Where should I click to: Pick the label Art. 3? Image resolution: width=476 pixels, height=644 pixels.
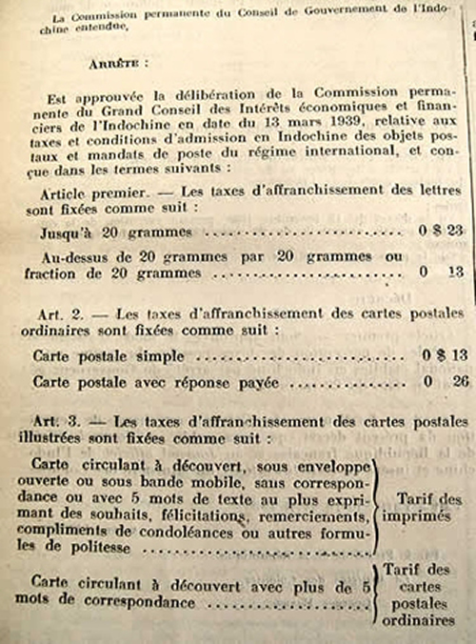[x=62, y=420]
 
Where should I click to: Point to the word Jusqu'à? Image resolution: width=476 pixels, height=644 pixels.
[x=64, y=231]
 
